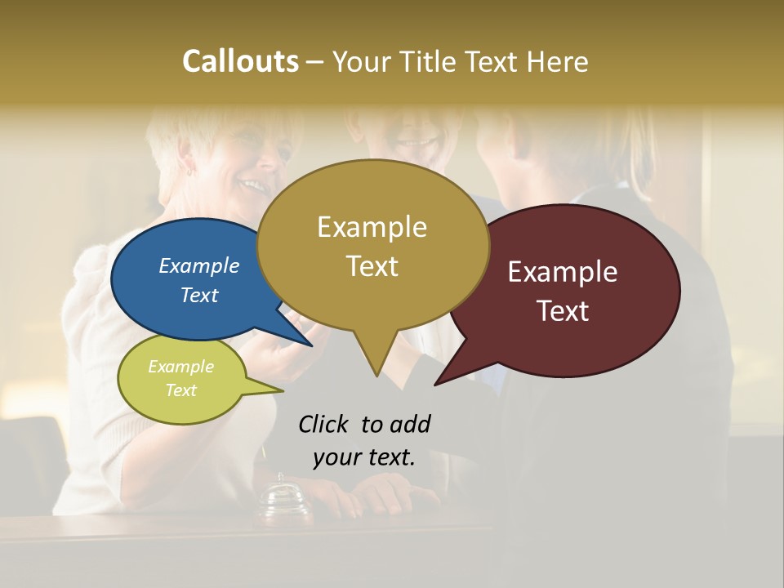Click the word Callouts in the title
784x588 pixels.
pos(240,61)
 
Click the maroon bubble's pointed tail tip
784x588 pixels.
pos(436,383)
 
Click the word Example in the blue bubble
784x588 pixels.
pos(198,265)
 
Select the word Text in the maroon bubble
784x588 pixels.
pos(563,311)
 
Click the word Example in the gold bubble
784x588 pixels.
pos(372,227)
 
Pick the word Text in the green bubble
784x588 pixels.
pos(180,390)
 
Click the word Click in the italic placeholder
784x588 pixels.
pos(324,424)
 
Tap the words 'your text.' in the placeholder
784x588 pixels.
pos(363,457)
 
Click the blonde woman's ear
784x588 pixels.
pos(189,173)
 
